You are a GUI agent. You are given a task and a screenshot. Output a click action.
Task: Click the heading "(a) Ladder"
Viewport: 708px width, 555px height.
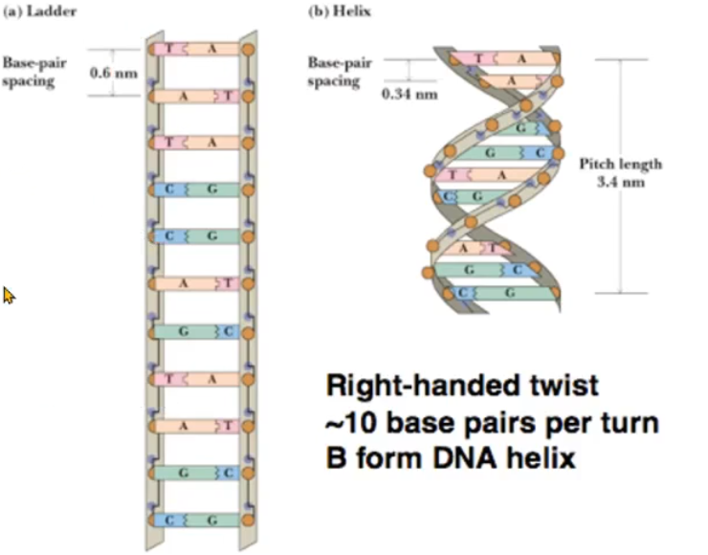(x=37, y=12)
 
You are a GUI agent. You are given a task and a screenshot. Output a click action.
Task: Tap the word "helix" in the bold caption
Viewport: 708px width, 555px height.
(x=542, y=458)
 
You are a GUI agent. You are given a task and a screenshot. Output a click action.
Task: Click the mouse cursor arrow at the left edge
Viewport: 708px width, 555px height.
(x=9, y=296)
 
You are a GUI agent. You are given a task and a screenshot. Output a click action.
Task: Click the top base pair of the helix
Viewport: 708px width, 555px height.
(x=507, y=58)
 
